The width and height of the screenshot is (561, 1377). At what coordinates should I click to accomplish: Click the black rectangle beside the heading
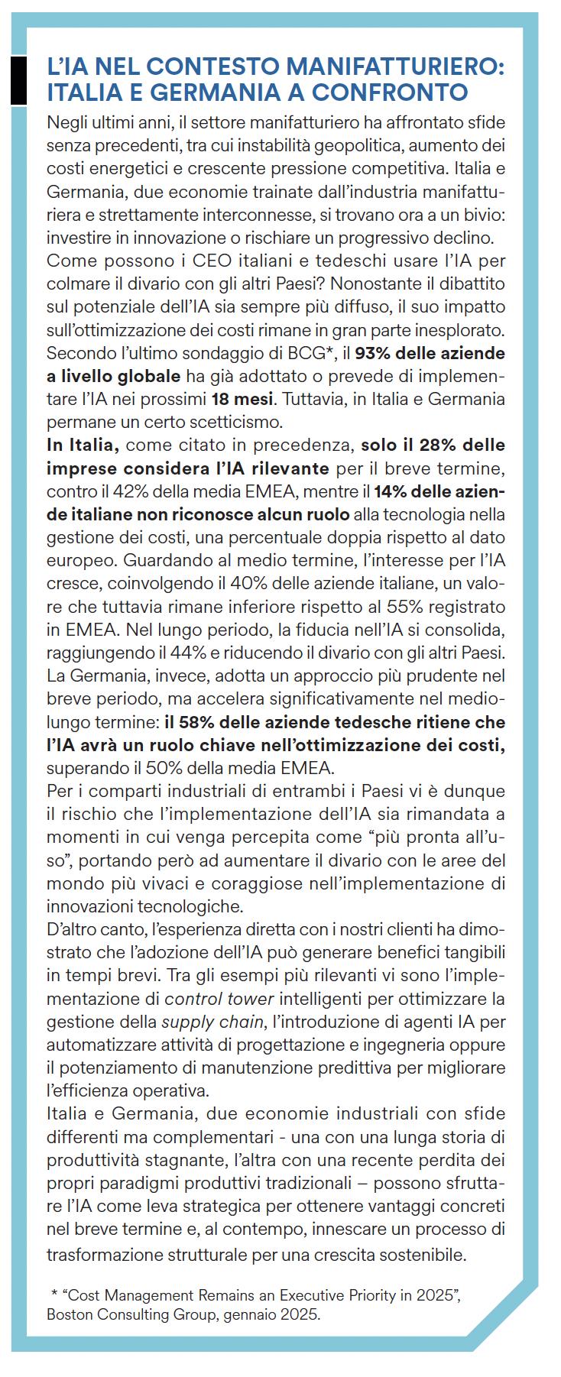(x=18, y=79)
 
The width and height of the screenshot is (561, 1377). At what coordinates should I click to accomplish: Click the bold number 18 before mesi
(x=221, y=399)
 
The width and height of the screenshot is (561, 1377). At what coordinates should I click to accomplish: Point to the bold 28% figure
(x=438, y=445)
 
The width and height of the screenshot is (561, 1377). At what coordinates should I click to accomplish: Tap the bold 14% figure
(x=390, y=491)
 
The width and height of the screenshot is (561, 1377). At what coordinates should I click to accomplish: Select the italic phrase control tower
(x=219, y=999)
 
